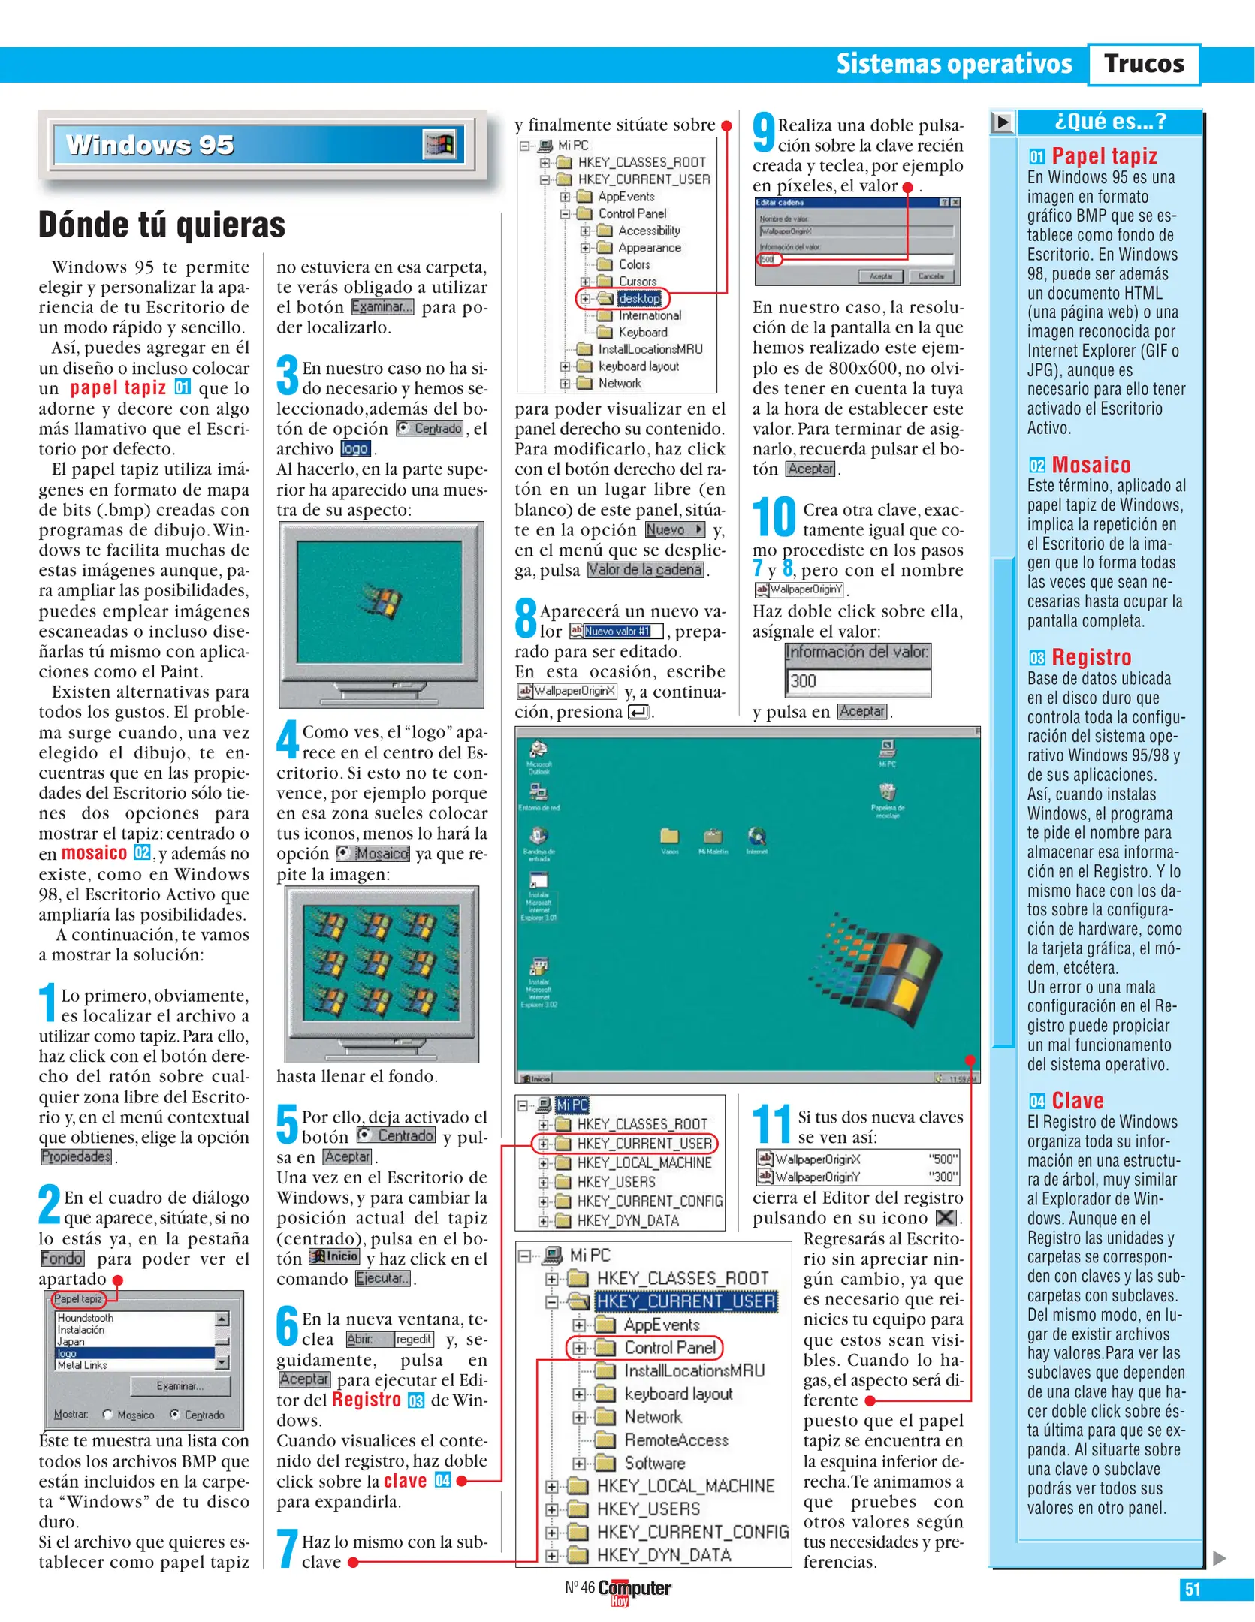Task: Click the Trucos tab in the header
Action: pos(1143,64)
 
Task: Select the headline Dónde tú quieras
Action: pos(162,225)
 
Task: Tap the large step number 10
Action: pos(774,518)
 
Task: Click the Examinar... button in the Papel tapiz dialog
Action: pos(180,1386)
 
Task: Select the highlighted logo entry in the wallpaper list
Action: pos(135,1353)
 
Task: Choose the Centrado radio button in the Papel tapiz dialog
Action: pos(175,1415)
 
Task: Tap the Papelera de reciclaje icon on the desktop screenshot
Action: pos(888,793)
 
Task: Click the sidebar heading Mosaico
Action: pos(1091,465)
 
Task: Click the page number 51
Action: pos(1192,1590)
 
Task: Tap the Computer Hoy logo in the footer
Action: pos(633,1590)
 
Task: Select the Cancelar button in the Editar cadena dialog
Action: pos(931,276)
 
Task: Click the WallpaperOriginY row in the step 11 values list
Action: pos(856,1177)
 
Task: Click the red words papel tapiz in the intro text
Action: pos(118,388)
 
